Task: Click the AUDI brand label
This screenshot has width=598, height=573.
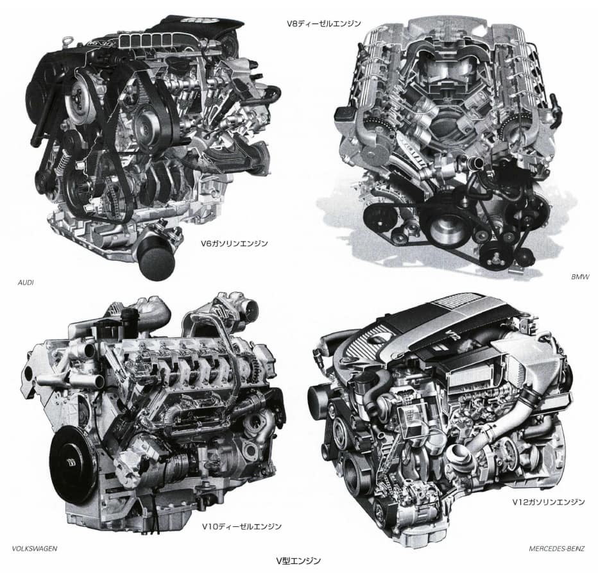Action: [26, 283]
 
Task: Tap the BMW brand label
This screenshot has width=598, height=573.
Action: [580, 277]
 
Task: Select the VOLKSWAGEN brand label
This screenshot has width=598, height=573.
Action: [35, 549]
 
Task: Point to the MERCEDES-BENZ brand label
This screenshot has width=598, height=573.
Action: [556, 549]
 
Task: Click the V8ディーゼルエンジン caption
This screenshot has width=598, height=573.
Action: [324, 24]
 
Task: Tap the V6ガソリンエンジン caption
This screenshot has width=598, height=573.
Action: [235, 243]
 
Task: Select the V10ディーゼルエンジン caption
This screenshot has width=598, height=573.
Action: [242, 526]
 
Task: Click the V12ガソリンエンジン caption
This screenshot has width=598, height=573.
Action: [549, 502]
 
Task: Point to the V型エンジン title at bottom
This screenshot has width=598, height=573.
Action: [298, 560]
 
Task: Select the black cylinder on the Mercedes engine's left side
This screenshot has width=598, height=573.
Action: [321, 402]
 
